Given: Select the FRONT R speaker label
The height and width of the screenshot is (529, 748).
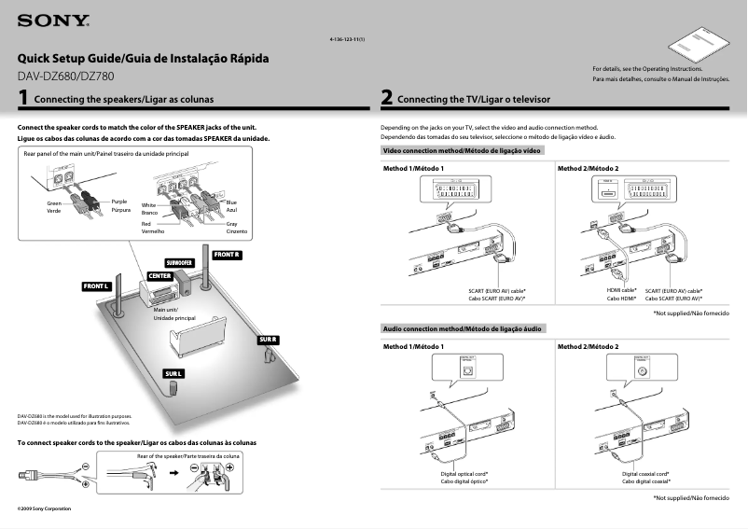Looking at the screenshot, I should pyautogui.click(x=228, y=255).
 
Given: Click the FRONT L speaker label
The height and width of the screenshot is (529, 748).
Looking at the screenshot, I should pyautogui.click(x=97, y=285).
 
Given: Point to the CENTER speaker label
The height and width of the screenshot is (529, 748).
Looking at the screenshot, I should pyautogui.click(x=159, y=276).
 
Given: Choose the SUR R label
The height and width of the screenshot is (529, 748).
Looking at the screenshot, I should pyautogui.click(x=269, y=340).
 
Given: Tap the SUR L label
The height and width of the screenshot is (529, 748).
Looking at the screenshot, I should pyautogui.click(x=173, y=374).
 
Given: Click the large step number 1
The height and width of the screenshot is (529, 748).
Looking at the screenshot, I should pyautogui.click(x=22, y=97).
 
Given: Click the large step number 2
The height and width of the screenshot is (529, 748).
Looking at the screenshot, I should pyautogui.click(x=386, y=97).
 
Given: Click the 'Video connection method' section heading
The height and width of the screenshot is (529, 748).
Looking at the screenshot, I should pyautogui.click(x=462, y=150).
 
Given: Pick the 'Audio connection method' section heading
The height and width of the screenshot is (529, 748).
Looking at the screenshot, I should pyautogui.click(x=462, y=328).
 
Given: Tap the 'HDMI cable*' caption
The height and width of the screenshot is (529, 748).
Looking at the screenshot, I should pyautogui.click(x=621, y=290).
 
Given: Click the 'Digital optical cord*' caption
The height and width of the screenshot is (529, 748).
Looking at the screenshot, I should pyautogui.click(x=464, y=474).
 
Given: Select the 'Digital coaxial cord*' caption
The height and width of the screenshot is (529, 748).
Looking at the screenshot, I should pyautogui.click(x=646, y=474).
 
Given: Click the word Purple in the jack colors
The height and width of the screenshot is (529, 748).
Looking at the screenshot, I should pyautogui.click(x=118, y=202).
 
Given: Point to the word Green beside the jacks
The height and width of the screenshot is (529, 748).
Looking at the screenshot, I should pyautogui.click(x=55, y=202).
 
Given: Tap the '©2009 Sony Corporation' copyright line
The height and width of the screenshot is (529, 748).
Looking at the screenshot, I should pyautogui.click(x=45, y=508).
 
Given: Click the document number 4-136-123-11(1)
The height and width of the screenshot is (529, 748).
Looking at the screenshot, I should pyautogui.click(x=347, y=39).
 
